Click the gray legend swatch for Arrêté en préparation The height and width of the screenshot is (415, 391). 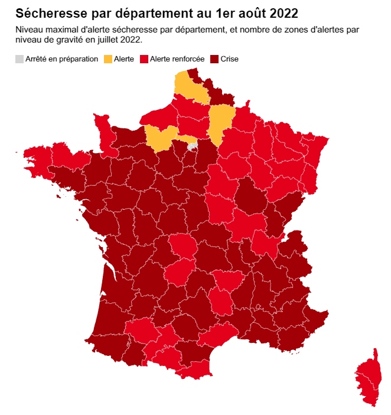click(x=19, y=59)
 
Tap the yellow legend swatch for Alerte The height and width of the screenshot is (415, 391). click(x=108, y=59)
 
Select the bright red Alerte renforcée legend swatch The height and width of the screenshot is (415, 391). click(x=144, y=59)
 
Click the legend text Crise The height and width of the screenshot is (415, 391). click(x=230, y=59)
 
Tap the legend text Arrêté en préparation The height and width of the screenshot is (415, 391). click(x=61, y=59)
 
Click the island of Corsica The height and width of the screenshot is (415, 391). click(x=367, y=379)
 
